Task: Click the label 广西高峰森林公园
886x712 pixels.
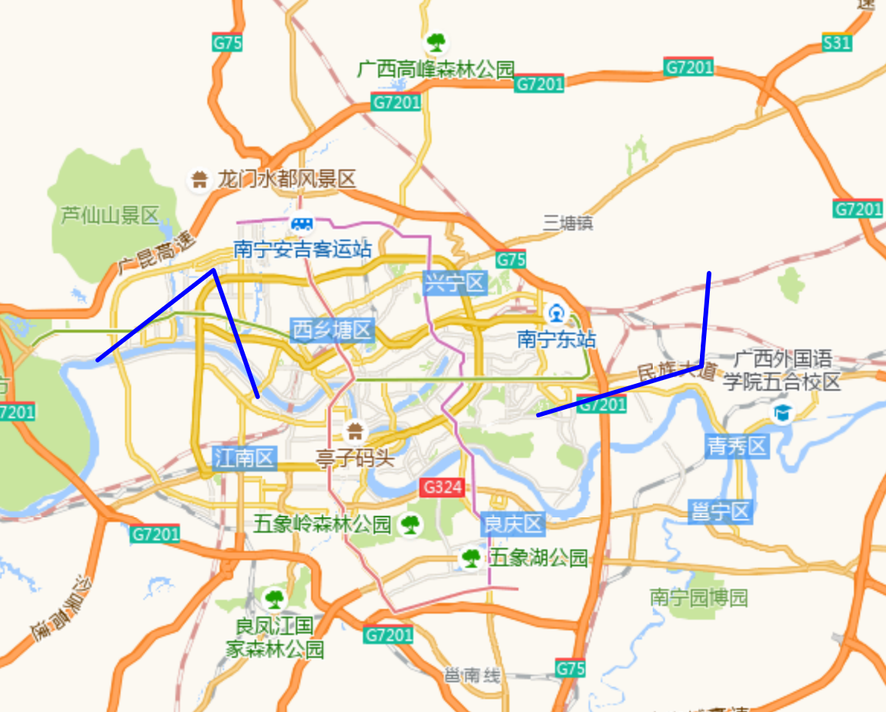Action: (x=436, y=69)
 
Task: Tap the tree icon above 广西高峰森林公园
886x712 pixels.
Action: (x=436, y=41)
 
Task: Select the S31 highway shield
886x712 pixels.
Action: (x=836, y=43)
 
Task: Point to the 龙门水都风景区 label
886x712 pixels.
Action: (x=287, y=179)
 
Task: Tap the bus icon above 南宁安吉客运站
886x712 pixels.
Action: (x=302, y=224)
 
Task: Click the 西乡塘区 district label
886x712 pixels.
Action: (x=332, y=330)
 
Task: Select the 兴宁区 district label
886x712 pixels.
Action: (x=455, y=284)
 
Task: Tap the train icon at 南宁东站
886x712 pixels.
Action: (x=557, y=313)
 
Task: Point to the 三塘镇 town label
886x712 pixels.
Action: (x=568, y=223)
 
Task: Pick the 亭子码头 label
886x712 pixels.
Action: (x=355, y=457)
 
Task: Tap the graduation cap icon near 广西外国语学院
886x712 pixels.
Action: (x=782, y=414)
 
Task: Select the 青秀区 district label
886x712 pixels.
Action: (x=737, y=446)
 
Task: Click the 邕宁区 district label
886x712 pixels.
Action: (x=721, y=511)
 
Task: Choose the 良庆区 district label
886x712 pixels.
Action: (x=512, y=524)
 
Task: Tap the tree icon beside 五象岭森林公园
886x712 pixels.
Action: (x=411, y=524)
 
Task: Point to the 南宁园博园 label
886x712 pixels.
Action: (x=699, y=597)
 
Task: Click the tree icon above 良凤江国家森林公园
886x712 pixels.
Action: (x=273, y=598)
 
